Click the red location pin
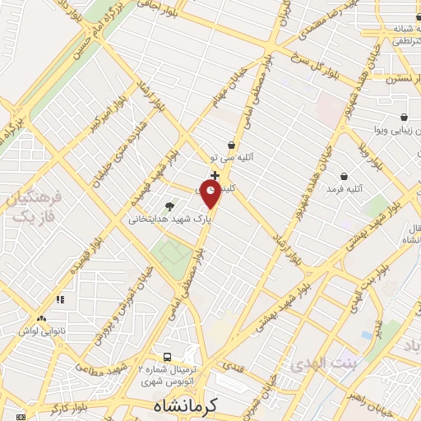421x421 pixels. pyautogui.click(x=210, y=194)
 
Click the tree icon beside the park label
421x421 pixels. pyautogui.click(x=169, y=206)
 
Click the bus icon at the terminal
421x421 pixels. pyautogui.click(x=167, y=357)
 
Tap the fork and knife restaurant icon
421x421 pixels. pyautogui.click(x=59, y=302)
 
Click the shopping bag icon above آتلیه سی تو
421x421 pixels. pyautogui.click(x=232, y=145)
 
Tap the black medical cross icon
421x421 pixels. pyautogui.click(x=215, y=175)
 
